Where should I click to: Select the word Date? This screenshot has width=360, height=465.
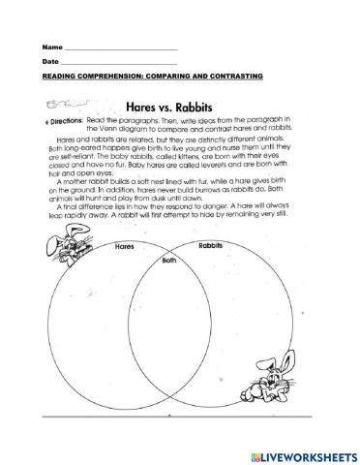pyautogui.click(x=49, y=62)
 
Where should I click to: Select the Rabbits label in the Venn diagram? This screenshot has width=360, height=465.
pyautogui.click(x=211, y=247)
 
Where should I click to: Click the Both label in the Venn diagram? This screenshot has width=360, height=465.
pyautogui.click(x=170, y=261)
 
